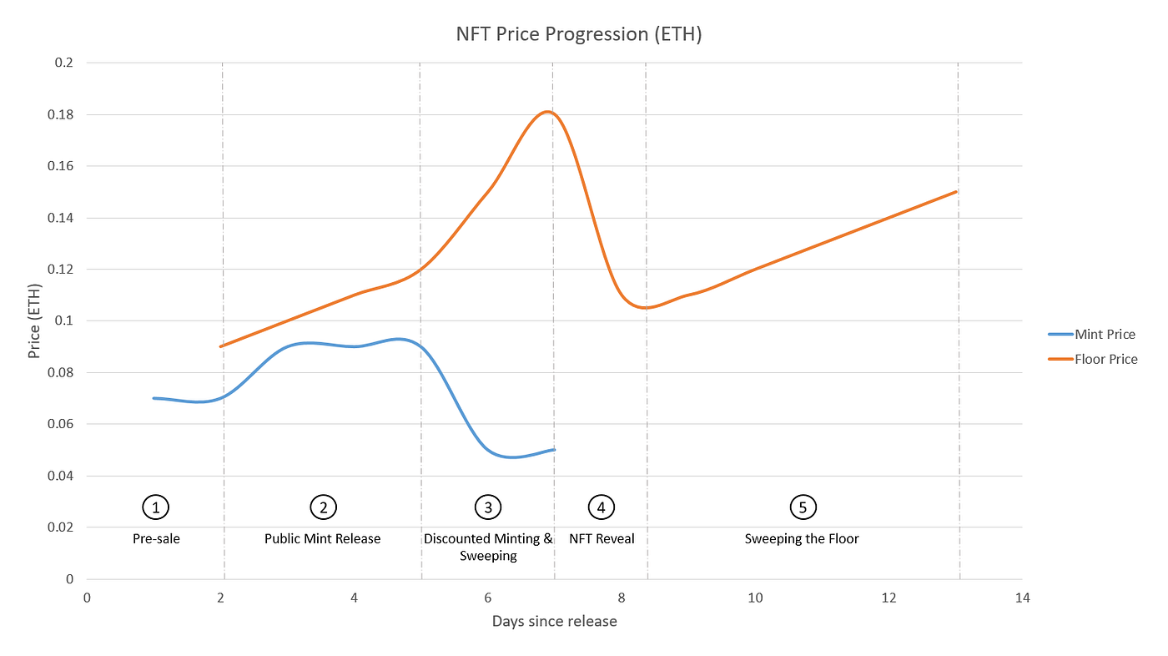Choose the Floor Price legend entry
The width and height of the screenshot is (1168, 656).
1105,359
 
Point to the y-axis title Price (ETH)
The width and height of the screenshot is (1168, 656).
34,320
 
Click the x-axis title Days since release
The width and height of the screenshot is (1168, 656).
554,621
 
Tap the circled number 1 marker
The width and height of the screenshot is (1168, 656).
156,507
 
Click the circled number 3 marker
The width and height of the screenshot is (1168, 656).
488,507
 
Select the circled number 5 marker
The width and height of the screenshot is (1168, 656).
802,507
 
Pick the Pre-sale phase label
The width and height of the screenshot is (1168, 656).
156,538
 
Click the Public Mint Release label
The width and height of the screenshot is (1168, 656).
322,538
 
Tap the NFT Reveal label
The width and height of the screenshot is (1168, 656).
602,538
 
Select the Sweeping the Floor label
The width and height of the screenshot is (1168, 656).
802,538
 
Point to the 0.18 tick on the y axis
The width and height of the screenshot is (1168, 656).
63,114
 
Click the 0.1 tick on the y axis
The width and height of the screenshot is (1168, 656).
67,320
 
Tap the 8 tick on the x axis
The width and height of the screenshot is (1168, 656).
622,598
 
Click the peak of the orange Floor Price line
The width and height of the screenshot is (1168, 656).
547,111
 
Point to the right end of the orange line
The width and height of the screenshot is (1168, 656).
956,191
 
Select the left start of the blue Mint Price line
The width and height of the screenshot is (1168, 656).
154,398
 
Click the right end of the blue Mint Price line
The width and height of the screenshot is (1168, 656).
554,450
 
